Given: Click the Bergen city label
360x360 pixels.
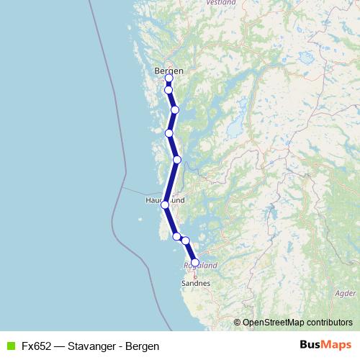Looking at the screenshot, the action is [x=169, y=71].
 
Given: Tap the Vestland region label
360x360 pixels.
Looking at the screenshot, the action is [x=221, y=3].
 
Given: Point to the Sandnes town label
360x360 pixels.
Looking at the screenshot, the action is [x=196, y=283].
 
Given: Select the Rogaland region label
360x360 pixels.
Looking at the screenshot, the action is [x=201, y=265].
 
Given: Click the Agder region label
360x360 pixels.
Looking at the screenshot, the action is [x=345, y=294].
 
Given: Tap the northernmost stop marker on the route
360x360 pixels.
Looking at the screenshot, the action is [x=168, y=78].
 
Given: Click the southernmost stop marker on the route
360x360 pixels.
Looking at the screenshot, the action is [x=194, y=263].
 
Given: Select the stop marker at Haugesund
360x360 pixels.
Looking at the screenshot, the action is [x=165, y=204].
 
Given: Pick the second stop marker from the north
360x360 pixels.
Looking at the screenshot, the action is [x=168, y=90].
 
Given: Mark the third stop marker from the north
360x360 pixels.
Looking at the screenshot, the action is [x=175, y=109].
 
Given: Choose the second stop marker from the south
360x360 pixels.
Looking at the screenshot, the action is [x=185, y=240].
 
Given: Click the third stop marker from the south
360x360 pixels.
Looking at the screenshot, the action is [x=176, y=235].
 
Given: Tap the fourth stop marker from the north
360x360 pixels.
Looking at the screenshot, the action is [x=168, y=133].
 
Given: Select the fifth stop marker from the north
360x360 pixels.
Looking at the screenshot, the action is [x=176, y=159].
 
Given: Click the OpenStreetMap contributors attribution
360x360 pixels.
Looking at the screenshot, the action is [x=297, y=323].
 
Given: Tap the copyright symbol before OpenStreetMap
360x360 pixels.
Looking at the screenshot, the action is [x=237, y=323].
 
